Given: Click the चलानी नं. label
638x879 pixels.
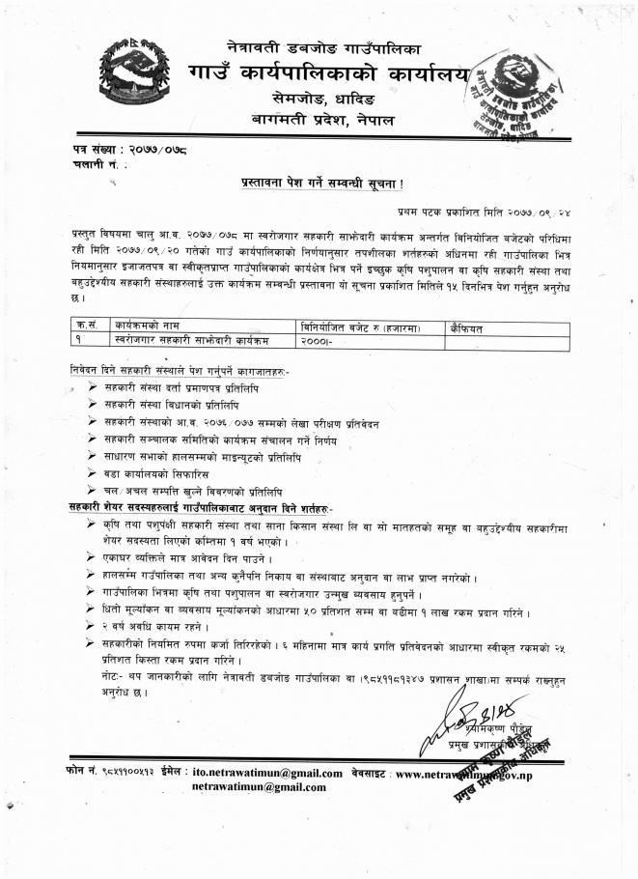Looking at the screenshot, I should tap(98, 166).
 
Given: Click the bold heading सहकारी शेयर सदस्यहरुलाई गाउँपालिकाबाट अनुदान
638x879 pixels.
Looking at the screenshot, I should tap(201, 508).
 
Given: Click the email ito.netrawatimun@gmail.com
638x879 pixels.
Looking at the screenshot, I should tap(267, 773).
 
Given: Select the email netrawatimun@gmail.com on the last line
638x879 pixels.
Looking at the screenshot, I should tap(259, 787).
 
